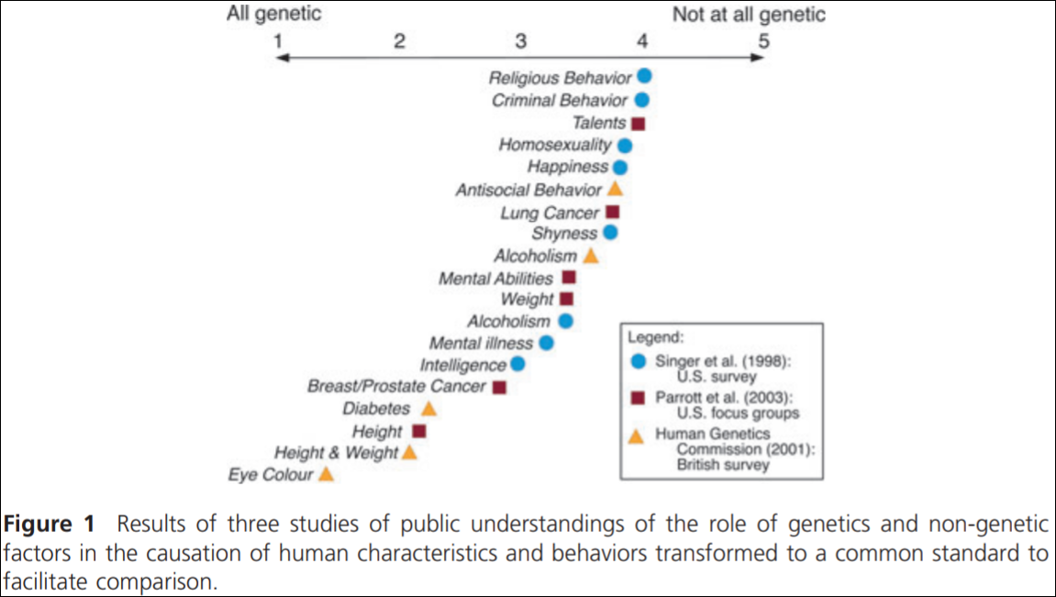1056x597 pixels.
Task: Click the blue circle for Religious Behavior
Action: (644, 77)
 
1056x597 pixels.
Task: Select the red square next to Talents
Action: (639, 123)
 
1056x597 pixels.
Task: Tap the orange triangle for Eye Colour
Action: (326, 474)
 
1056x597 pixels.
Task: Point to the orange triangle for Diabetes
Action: (428, 409)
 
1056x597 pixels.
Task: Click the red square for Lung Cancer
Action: (613, 212)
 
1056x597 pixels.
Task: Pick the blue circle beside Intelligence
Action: (517, 364)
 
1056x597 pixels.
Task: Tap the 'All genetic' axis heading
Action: (275, 15)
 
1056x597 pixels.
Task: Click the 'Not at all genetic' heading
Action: (749, 15)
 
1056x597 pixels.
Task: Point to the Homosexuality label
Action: (555, 145)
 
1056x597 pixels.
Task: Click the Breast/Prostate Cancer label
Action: (396, 386)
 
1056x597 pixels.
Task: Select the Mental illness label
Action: (482, 343)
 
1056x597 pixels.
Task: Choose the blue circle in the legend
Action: (639, 361)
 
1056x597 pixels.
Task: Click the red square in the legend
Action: (639, 397)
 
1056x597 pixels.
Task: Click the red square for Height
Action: (419, 431)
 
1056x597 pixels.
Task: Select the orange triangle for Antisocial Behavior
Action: (615, 190)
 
